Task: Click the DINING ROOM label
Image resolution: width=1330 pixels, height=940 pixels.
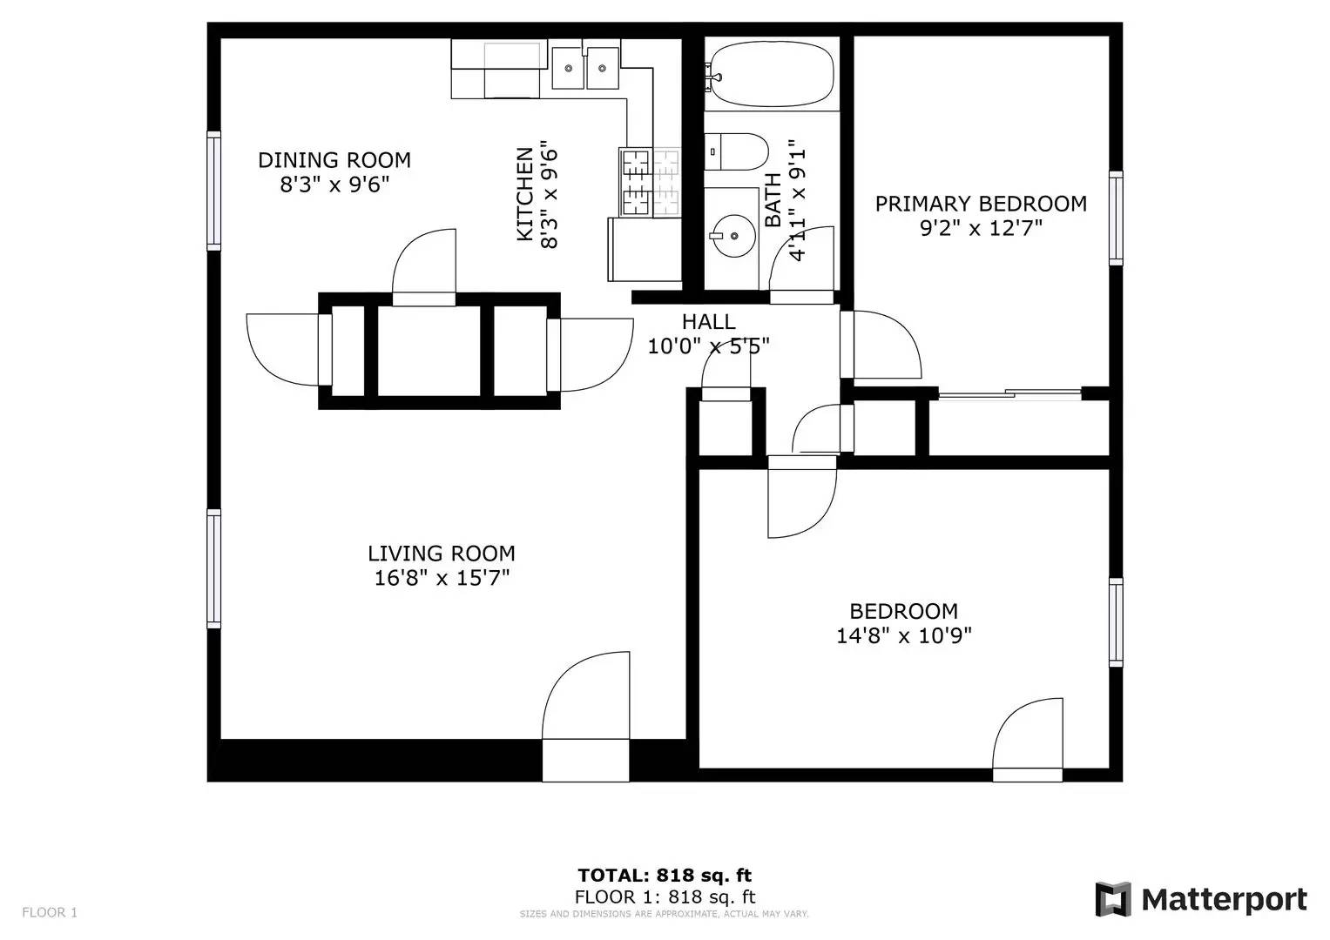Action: click(334, 160)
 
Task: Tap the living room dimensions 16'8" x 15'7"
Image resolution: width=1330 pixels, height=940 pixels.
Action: click(442, 578)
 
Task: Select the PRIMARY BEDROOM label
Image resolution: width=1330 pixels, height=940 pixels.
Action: click(981, 204)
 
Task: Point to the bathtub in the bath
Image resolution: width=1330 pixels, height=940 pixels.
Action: click(771, 75)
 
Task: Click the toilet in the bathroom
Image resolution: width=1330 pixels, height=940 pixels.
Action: click(735, 153)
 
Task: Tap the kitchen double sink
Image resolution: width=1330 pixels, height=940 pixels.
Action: click(584, 68)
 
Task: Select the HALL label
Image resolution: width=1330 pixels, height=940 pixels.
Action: click(708, 322)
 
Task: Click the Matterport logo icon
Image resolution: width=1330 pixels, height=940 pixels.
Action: click(1112, 899)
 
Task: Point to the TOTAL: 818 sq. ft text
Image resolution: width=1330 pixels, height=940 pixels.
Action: click(665, 875)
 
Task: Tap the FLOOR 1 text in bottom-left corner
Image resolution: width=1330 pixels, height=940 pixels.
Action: click(50, 912)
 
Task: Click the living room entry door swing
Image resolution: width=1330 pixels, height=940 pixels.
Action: click(586, 696)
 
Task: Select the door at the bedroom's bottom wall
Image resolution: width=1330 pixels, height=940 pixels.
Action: click(1028, 735)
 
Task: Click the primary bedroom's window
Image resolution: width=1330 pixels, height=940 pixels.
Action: click(1115, 218)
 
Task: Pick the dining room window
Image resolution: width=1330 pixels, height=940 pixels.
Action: click(213, 190)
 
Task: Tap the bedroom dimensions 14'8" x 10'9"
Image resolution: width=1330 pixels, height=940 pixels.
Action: click(904, 636)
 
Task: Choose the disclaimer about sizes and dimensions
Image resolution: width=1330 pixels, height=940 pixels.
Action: click(665, 914)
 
